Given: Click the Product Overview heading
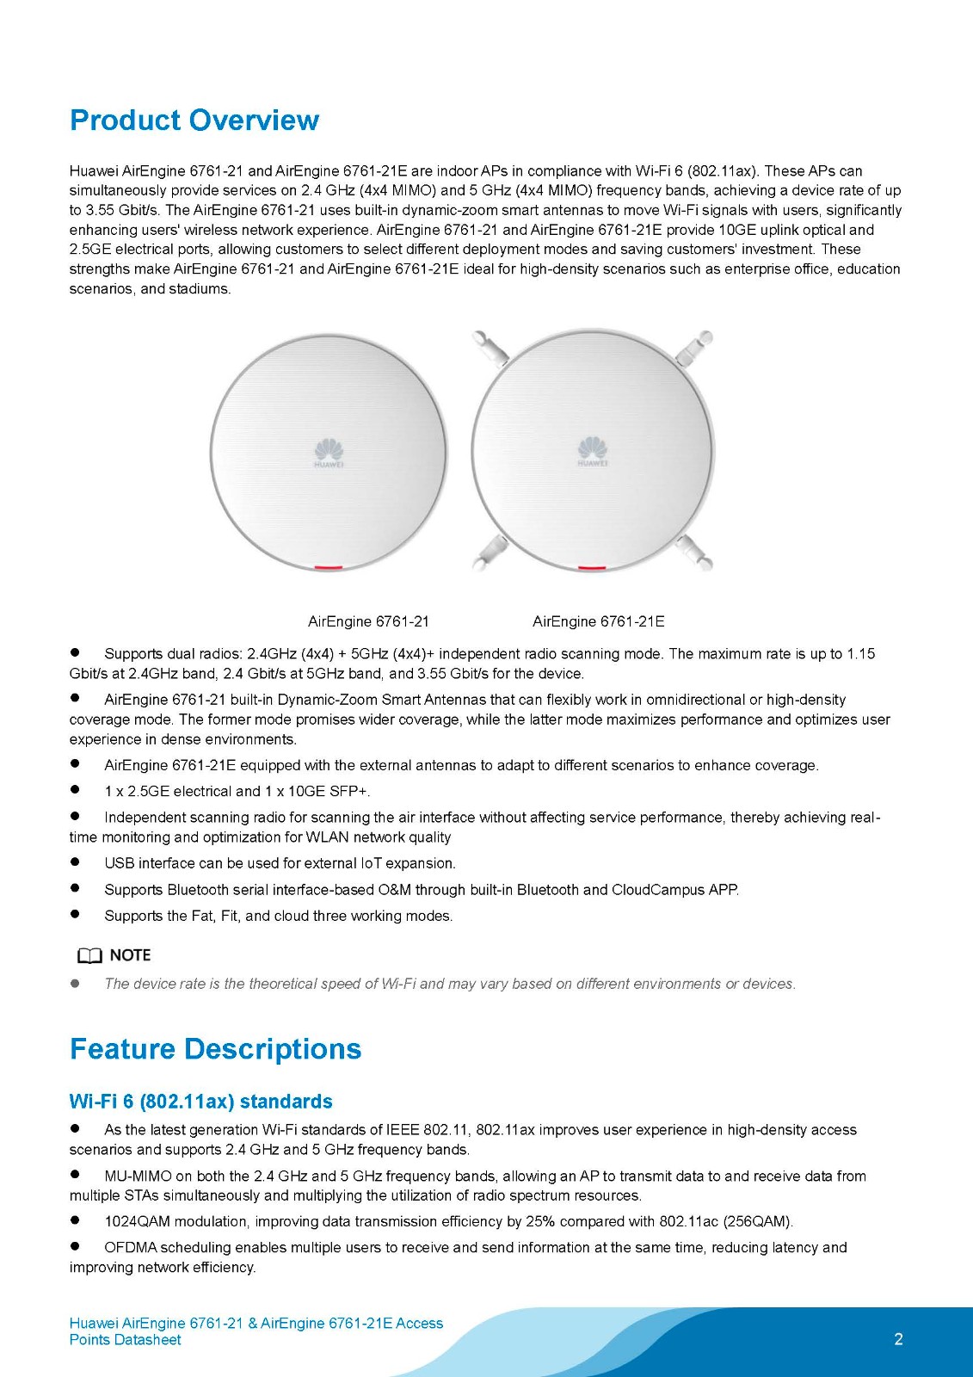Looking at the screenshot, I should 194,120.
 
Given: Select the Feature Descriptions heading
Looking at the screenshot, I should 215,1049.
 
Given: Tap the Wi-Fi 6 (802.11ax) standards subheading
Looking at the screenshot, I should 200,1102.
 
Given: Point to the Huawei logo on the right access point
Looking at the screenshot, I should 592,451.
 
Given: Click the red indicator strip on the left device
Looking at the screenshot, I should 329,568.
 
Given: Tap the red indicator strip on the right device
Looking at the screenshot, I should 592,568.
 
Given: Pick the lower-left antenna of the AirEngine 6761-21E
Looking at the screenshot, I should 490,552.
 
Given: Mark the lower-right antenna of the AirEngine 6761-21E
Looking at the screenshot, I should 693,553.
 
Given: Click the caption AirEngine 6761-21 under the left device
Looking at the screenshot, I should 368,621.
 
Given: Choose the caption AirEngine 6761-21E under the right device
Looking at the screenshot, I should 598,621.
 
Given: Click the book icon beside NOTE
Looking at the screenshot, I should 89,956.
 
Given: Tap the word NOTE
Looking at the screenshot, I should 130,955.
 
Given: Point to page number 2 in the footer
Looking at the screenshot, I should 898,1339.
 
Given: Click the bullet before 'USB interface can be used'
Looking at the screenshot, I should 75,862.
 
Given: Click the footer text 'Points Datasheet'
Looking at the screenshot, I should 125,1340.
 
